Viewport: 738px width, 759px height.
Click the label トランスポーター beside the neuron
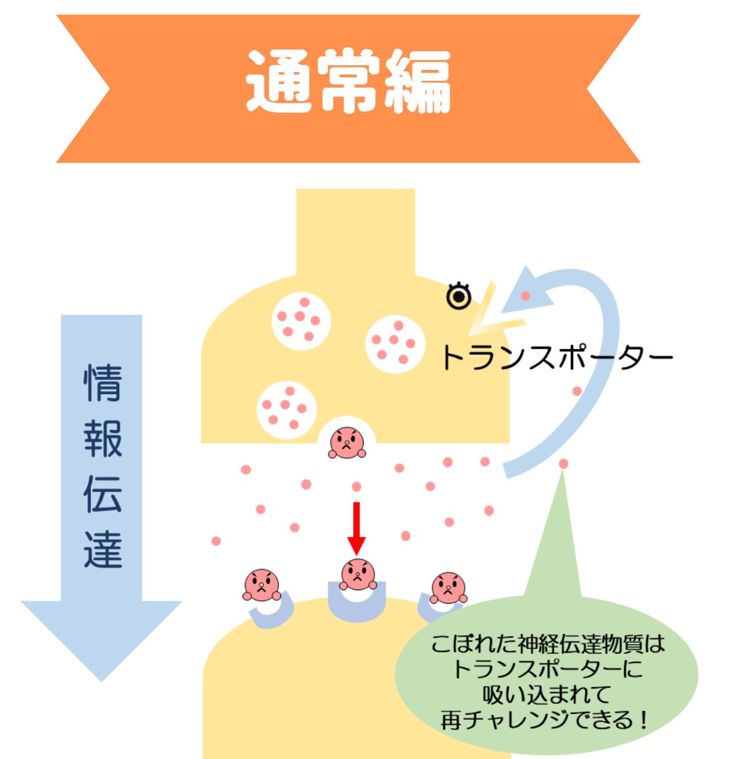coord(556,358)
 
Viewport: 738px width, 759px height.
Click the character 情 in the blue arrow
coord(103,383)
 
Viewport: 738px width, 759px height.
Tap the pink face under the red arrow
coord(357,575)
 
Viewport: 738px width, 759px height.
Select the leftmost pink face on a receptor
coord(261,585)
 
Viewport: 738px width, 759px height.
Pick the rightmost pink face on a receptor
coord(448,588)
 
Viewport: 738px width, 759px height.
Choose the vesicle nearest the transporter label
coord(394,343)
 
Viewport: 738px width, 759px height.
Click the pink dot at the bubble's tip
coord(563,464)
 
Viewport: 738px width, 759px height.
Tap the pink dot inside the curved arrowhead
coord(525,296)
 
